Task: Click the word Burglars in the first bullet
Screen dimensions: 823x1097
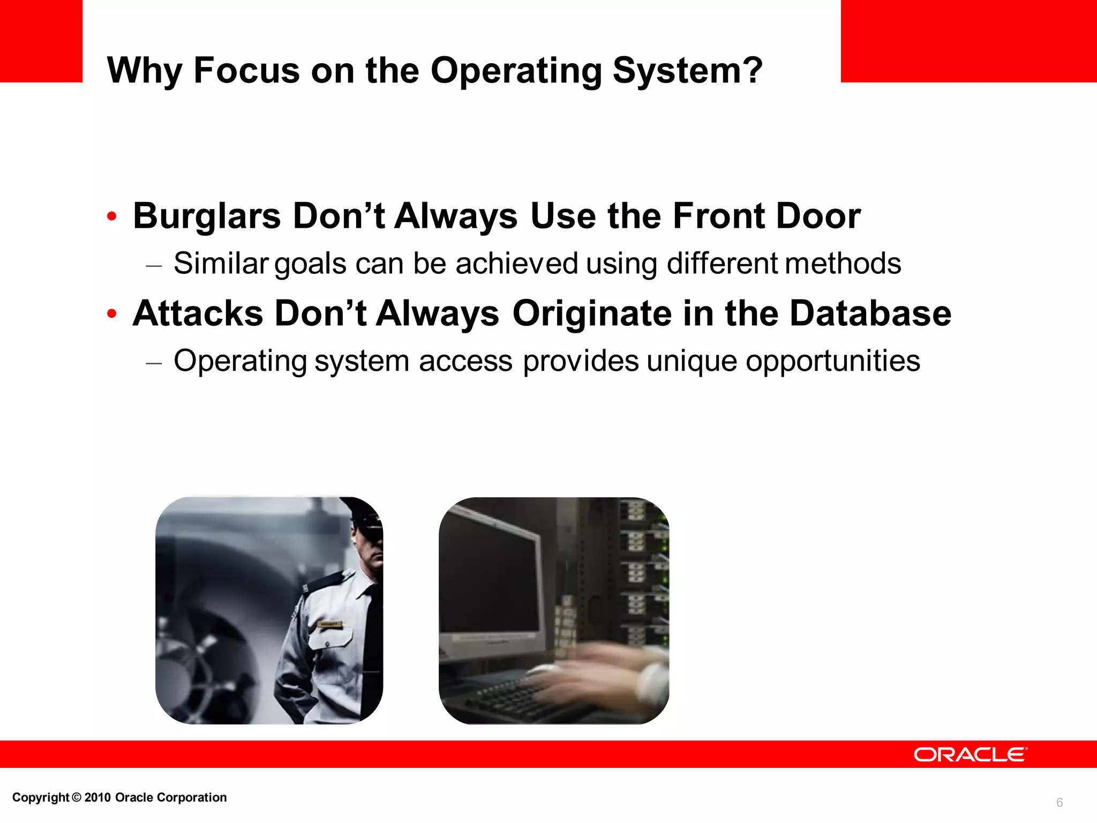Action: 207,216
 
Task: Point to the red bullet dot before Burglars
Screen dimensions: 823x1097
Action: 111,217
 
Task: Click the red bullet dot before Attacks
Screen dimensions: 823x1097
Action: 111,314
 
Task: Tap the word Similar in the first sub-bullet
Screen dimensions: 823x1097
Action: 221,264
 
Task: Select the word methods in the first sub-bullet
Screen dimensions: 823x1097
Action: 843,264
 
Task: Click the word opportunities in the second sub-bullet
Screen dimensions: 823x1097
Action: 833,361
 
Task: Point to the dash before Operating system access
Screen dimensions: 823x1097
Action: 154,363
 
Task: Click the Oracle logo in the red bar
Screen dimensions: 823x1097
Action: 970,754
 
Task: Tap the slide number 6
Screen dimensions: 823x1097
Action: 1059,802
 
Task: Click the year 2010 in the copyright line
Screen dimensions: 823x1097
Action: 97,797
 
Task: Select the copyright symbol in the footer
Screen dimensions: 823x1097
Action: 77,797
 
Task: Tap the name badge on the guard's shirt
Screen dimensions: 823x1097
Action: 330,625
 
